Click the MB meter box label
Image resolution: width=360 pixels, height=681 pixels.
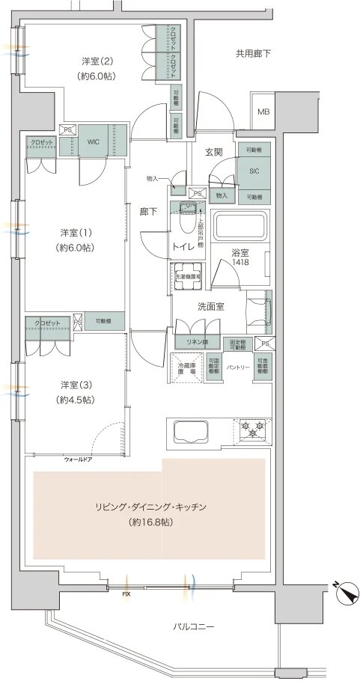pos(263,112)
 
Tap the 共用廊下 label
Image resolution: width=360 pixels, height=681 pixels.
pos(253,53)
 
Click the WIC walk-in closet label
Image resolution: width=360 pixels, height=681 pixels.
pos(93,141)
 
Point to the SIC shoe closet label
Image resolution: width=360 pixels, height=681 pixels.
pos(254,170)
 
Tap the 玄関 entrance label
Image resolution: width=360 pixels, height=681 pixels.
pos(216,152)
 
